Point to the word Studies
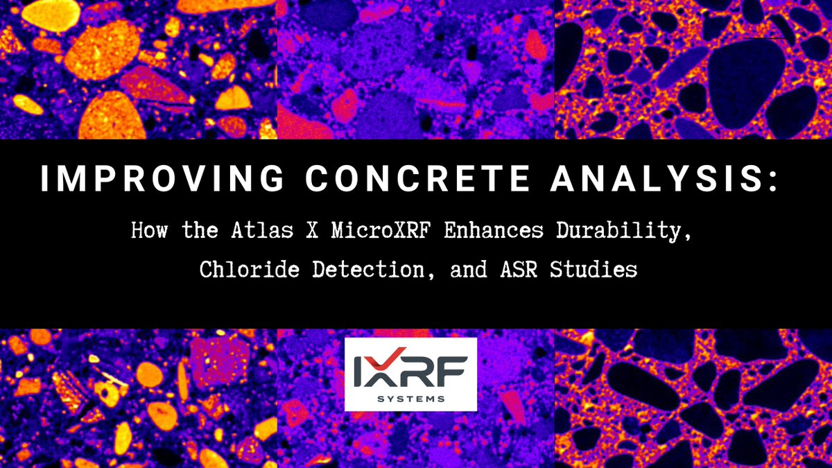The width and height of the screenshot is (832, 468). click(x=593, y=270)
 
